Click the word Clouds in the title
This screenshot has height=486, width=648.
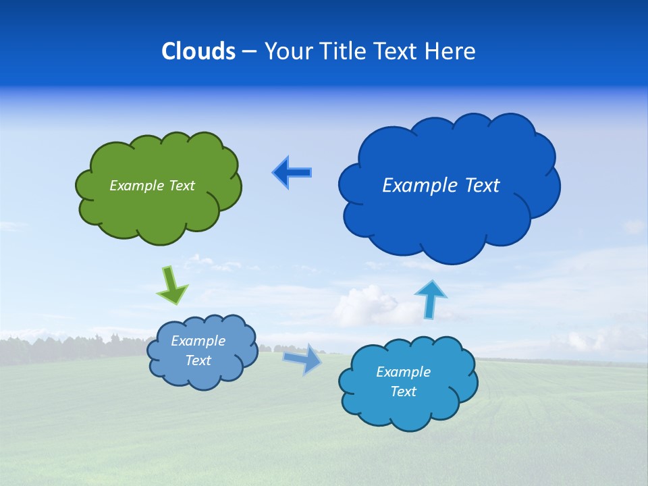(198, 51)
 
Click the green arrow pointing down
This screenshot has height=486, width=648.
(172, 285)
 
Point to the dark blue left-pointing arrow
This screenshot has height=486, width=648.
(292, 173)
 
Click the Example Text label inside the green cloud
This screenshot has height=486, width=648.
(152, 186)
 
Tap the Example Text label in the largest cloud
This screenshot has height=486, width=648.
(441, 186)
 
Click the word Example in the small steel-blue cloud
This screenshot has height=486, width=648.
(198, 341)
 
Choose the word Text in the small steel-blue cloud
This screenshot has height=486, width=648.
(198, 360)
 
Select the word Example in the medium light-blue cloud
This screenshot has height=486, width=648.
(403, 372)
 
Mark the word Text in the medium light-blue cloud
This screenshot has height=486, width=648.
(403, 391)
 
